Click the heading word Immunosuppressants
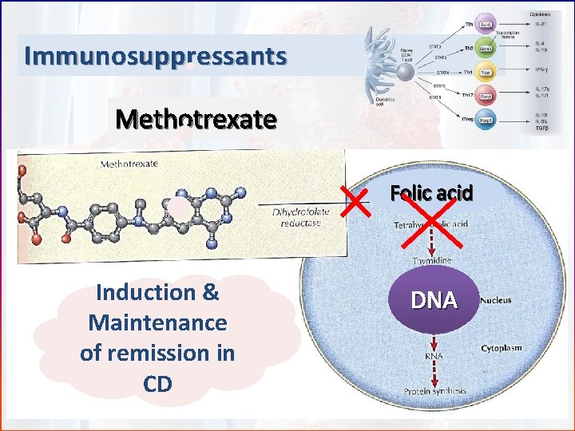tap(155, 57)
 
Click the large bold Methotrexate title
tap(196, 120)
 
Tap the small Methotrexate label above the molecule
tap(129, 164)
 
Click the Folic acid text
tap(431, 193)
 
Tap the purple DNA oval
tap(434, 300)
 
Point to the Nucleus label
tap(496, 301)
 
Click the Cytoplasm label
tap(502, 349)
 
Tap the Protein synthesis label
tap(434, 392)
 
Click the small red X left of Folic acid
tap(359, 200)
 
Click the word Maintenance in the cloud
tap(158, 323)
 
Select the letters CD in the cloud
tap(157, 384)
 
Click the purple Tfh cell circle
tap(486, 24)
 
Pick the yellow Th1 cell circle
tap(486, 73)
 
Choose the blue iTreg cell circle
tap(485, 121)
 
